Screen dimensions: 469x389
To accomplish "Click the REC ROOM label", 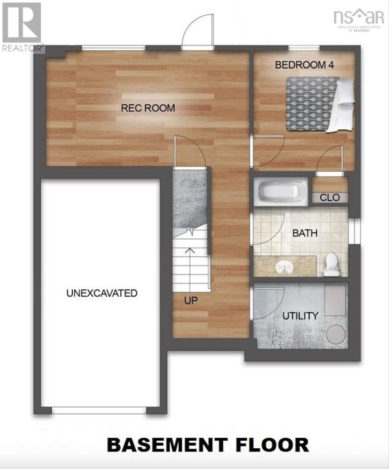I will pyautogui.click(x=148, y=108).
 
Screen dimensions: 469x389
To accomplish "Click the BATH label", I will pyautogui.click(x=305, y=234).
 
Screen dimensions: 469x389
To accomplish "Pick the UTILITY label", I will pyautogui.click(x=300, y=316).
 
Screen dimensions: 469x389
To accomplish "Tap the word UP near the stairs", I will pyautogui.click(x=191, y=301).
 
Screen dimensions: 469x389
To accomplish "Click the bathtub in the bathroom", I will pyautogui.click(x=280, y=192).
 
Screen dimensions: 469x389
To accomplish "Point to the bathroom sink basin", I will pyautogui.click(x=284, y=268).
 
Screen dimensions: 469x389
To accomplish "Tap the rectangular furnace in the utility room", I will pyautogui.click(x=335, y=300).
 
